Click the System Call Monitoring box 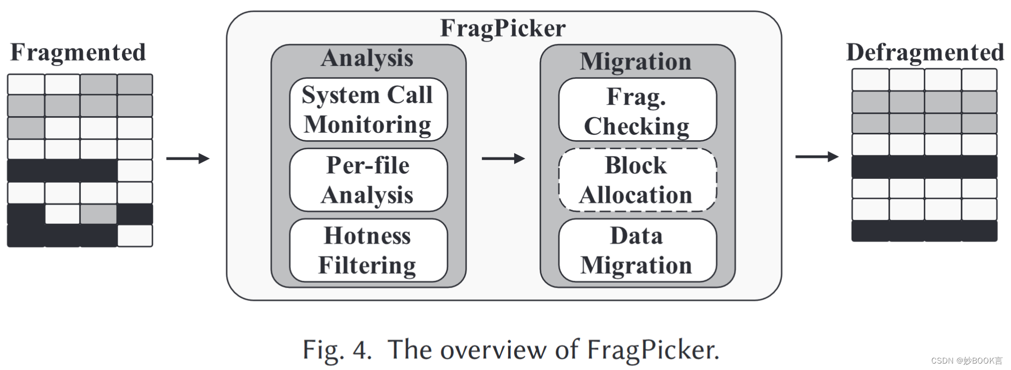[368, 110]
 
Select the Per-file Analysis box [368, 180]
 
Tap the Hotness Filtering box [368, 250]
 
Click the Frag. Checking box [637, 110]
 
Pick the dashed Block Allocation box [637, 180]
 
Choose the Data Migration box [637, 250]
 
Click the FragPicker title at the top [503, 28]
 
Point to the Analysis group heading [367, 58]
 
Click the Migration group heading [635, 62]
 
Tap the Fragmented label [78, 52]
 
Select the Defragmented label [925, 52]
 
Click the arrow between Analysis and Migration [503, 158]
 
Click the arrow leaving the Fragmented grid [187, 158]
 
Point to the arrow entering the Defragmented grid [816, 157]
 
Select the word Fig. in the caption [323, 350]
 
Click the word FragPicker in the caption [653, 350]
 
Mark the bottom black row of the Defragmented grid [924, 231]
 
